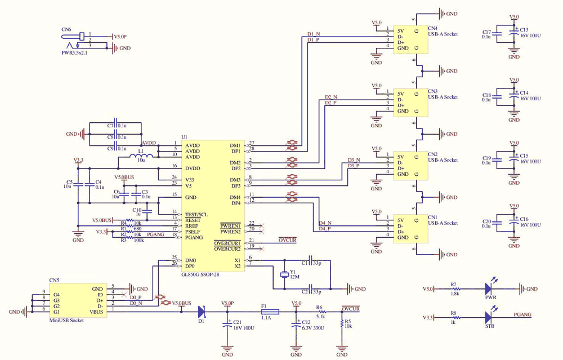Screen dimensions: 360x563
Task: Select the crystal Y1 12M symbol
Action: coord(284,275)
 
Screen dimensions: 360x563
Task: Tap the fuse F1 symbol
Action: coord(270,312)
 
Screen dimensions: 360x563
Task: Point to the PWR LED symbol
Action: coord(489,289)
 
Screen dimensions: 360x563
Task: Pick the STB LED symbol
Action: coord(489,318)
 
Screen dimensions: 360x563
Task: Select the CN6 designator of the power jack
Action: coord(66,29)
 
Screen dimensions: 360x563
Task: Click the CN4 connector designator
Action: coord(432,28)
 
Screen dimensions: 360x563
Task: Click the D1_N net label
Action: coord(314,34)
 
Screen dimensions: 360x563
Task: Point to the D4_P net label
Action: coord(325,229)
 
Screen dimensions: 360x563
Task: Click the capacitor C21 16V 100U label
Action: coord(241,325)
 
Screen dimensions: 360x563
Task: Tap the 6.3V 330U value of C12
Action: coord(313,327)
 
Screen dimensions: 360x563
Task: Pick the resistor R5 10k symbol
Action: coord(342,323)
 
